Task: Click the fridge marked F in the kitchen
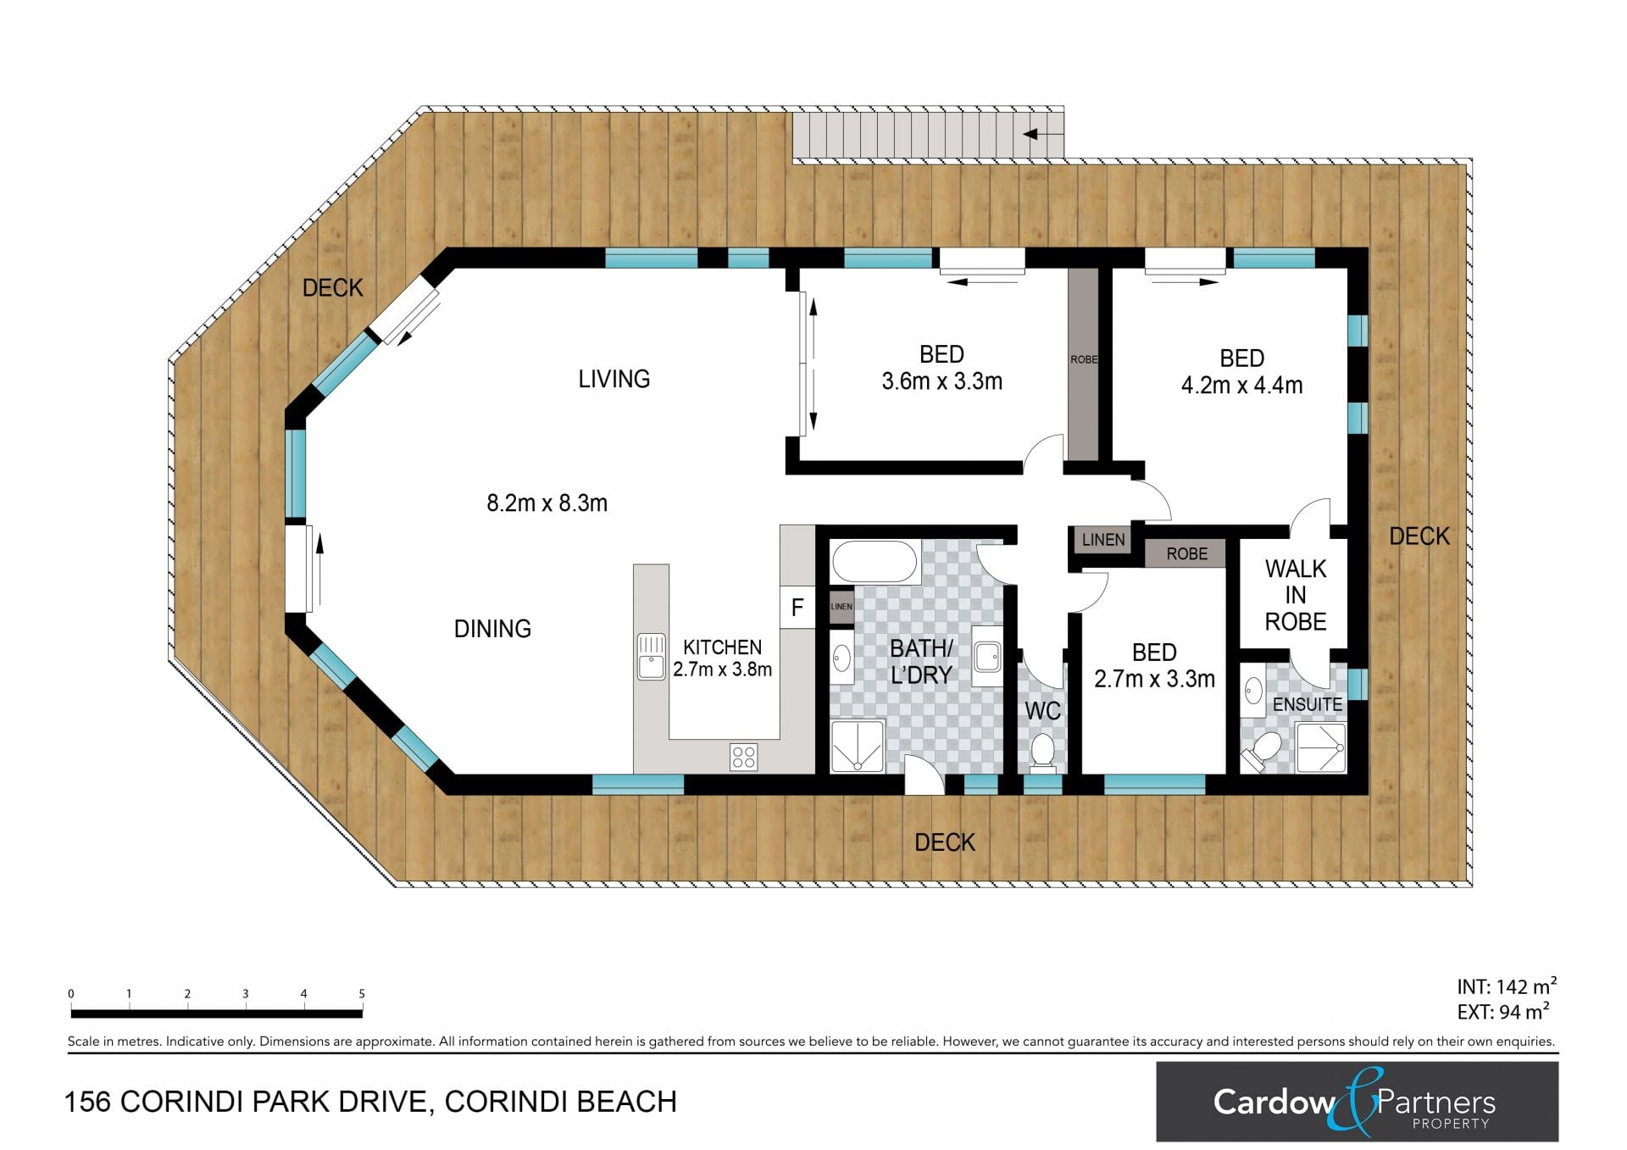(x=797, y=607)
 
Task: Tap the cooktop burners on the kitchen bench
(x=743, y=757)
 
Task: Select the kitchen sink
(x=651, y=657)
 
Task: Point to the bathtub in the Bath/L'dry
(x=874, y=561)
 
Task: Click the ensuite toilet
(x=1260, y=752)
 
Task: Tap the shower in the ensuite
(x=1320, y=747)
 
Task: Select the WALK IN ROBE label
(x=1295, y=595)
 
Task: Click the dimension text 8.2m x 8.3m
(x=547, y=503)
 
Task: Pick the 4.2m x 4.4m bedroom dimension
(x=1241, y=386)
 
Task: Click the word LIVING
(x=614, y=379)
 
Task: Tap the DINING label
(x=492, y=629)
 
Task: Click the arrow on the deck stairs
(x=1043, y=134)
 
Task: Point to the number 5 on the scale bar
(x=362, y=994)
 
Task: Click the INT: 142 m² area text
(x=1507, y=986)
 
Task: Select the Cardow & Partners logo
(x=1357, y=1102)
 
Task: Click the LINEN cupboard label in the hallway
(x=1103, y=540)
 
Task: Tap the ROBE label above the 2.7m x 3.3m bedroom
(x=1186, y=554)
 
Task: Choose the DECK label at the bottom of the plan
(x=945, y=842)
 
